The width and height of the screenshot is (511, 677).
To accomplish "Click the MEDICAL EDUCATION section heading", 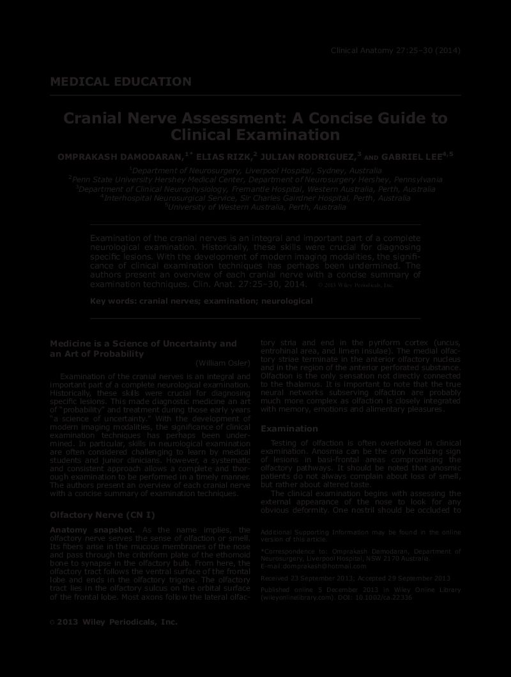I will [x=121, y=82].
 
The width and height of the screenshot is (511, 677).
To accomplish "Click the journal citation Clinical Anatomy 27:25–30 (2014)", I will [x=395, y=51].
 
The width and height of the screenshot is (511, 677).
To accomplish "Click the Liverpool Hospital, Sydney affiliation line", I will [x=256, y=171].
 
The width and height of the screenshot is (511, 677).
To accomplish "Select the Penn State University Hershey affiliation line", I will [x=256, y=180].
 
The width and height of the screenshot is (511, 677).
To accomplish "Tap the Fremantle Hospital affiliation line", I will [x=256, y=189].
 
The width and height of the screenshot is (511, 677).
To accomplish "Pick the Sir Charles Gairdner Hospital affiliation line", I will [x=256, y=198].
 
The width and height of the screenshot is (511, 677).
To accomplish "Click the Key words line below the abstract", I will [x=201, y=300].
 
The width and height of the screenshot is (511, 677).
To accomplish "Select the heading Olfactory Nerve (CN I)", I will [x=102, y=515].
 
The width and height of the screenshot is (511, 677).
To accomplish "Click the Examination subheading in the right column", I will [x=289, y=428].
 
